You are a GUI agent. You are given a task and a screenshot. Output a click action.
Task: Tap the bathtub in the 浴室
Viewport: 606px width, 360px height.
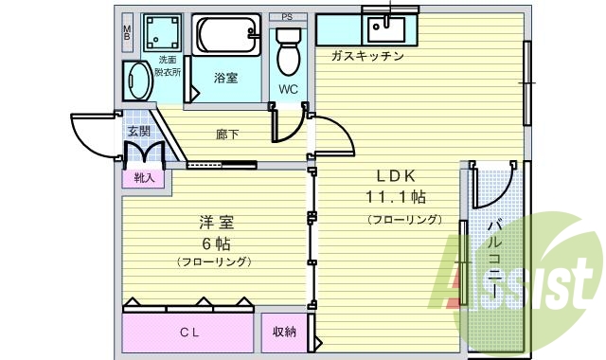click(226, 38)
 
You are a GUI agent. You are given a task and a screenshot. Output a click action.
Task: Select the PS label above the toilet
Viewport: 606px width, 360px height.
click(287, 17)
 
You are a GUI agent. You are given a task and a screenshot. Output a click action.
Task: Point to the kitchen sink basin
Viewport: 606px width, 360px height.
click(384, 27)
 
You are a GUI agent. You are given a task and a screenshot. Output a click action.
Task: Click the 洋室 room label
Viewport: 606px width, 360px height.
click(216, 223)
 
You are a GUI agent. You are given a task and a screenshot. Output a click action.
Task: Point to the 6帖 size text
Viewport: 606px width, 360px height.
click(216, 242)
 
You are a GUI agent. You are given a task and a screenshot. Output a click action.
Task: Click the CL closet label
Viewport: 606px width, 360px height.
click(190, 333)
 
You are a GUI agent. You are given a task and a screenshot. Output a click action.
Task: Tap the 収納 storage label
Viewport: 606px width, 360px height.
click(284, 333)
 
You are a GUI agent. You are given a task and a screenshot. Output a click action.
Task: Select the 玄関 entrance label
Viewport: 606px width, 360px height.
click(139, 132)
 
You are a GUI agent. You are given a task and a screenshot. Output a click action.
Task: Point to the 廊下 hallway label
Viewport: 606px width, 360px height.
click(226, 135)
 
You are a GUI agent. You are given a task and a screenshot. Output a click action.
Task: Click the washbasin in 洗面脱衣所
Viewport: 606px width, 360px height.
click(136, 81)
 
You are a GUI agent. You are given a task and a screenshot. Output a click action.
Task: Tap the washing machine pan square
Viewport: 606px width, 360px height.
click(162, 33)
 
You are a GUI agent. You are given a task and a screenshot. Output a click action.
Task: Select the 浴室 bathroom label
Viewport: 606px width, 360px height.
click(225, 78)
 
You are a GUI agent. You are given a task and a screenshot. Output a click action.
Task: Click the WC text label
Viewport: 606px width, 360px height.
click(288, 90)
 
